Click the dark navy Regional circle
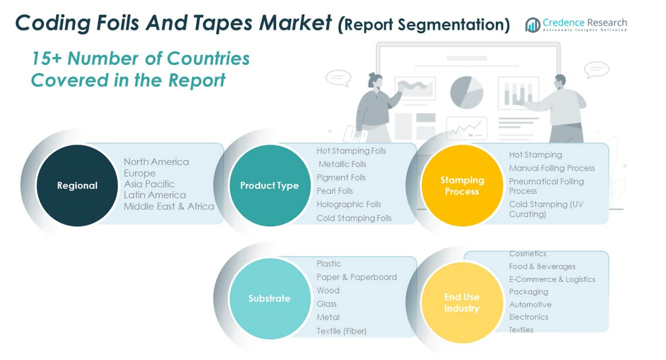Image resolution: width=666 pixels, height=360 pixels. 77,186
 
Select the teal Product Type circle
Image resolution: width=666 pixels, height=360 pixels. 269,186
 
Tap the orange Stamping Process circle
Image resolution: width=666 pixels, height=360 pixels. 462,186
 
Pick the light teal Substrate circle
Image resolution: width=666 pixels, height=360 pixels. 269,299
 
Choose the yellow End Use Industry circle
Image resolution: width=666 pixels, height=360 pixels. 462,302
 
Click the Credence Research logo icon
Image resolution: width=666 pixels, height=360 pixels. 533,25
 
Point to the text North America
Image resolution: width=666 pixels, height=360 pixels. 156,162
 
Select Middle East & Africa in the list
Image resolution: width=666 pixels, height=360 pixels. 169,206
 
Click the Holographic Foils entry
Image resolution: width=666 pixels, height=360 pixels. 349,204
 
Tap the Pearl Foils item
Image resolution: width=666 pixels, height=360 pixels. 335,191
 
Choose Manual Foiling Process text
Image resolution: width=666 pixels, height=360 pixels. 552,168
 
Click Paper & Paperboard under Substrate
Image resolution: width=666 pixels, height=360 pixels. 357,277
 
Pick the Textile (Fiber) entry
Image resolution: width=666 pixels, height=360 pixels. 342,331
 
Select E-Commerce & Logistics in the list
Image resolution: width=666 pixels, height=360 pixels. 552,279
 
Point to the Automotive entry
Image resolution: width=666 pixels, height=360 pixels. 530,305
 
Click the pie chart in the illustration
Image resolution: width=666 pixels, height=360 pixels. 467,92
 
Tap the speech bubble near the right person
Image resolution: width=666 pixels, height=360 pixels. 597,70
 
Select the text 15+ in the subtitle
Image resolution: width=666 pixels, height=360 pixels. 47,58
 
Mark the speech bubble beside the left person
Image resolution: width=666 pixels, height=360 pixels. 338,78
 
